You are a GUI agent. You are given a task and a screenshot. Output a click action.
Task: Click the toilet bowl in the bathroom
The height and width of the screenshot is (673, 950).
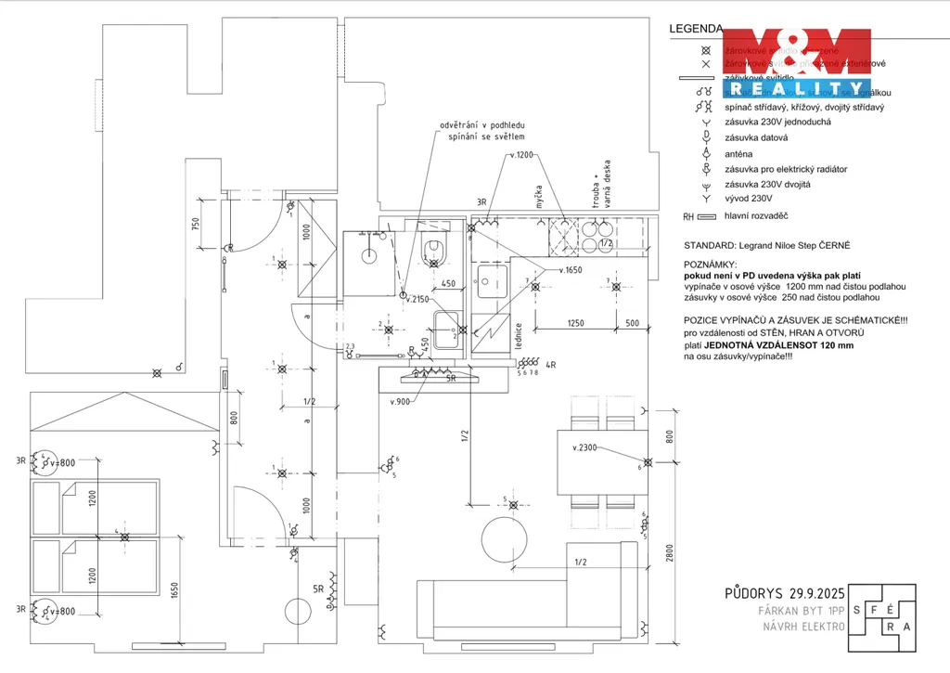point(433,249)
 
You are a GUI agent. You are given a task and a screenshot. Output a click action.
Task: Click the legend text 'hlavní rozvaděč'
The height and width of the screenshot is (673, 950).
point(756,215)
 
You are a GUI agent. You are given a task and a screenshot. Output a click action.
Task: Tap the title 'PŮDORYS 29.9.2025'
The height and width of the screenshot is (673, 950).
point(784,593)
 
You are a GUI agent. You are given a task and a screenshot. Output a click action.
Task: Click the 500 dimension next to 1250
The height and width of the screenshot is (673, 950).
point(632,323)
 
